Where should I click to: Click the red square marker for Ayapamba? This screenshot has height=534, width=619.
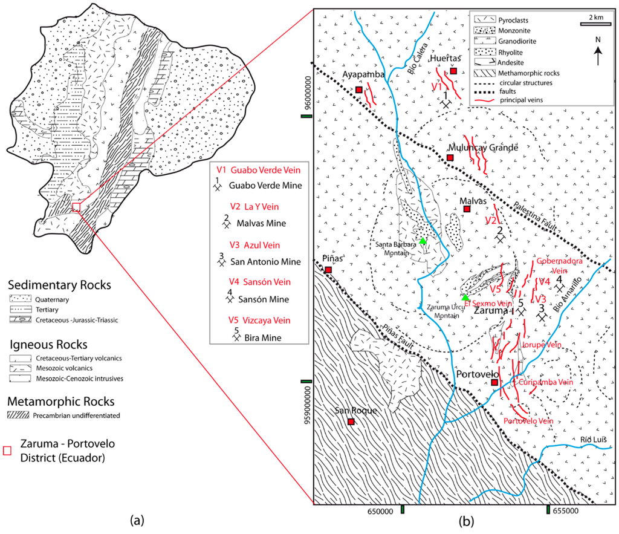click(x=358, y=90)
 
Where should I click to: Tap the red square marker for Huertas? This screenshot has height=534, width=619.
click(x=453, y=71)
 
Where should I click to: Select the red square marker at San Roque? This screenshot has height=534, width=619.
click(x=351, y=422)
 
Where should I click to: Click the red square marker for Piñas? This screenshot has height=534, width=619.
click(x=328, y=270)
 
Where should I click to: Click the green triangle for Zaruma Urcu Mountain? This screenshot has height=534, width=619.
click(x=464, y=297)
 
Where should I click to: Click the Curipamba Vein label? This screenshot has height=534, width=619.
click(x=542, y=382)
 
